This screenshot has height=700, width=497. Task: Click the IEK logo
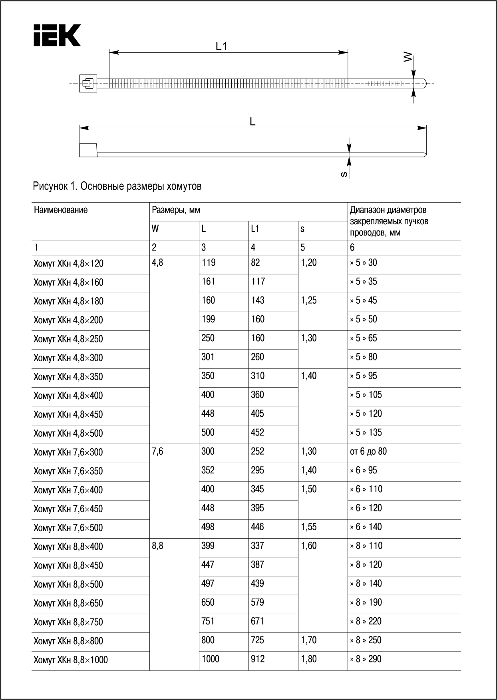point(57,35)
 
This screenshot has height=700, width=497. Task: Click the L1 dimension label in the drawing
point(221,46)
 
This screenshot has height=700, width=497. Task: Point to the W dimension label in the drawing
point(407,58)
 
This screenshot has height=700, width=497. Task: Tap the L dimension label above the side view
point(252,122)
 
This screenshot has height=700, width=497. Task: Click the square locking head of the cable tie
point(88,84)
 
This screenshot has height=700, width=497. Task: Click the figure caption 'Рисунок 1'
point(117,186)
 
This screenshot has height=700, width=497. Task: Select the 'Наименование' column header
point(61,210)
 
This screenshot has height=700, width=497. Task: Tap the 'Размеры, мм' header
point(176,210)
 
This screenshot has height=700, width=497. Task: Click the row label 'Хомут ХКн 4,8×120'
point(68,264)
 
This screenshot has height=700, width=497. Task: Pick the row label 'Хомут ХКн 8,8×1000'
point(71,660)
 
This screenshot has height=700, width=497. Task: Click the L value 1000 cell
point(211,659)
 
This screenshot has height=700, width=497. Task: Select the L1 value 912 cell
point(258,659)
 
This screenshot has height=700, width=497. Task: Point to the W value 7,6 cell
point(158,452)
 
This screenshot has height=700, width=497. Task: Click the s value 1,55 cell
point(309,527)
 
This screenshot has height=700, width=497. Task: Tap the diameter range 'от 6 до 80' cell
point(368,452)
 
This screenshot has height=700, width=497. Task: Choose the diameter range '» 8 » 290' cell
point(366,659)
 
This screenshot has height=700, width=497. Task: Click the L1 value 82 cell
point(255,263)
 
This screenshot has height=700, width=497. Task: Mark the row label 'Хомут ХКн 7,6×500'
point(68,528)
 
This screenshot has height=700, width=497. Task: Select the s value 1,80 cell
point(309,659)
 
